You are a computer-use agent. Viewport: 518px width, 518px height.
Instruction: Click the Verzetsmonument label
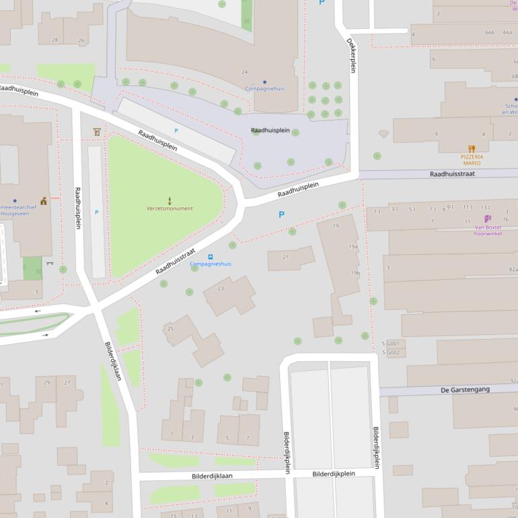point(170,209)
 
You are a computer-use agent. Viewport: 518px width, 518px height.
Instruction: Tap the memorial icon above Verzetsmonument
point(170,200)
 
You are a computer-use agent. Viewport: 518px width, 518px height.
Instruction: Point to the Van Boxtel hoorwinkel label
point(488,230)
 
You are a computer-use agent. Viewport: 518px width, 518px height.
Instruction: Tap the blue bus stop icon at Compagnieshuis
point(211,256)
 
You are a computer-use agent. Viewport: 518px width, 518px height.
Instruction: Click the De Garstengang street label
point(465,390)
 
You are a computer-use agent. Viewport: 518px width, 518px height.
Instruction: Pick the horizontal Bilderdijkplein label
point(333,474)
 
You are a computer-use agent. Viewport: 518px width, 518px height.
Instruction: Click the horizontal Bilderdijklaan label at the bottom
point(215,476)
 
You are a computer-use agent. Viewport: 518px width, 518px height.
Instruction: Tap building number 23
point(221,289)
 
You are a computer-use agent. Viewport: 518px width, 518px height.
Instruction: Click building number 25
point(170,328)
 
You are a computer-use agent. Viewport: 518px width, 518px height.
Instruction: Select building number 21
point(285,257)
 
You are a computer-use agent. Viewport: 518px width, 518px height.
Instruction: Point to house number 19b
point(355,273)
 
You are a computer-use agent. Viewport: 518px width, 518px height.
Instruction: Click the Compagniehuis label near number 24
point(264,89)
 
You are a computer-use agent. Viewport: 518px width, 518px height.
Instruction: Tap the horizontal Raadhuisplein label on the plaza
point(270,131)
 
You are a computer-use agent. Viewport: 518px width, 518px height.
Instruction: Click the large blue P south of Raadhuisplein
point(281,215)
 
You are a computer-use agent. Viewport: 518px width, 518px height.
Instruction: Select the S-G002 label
point(391,353)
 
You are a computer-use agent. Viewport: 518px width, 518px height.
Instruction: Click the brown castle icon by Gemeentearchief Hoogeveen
point(44,200)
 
